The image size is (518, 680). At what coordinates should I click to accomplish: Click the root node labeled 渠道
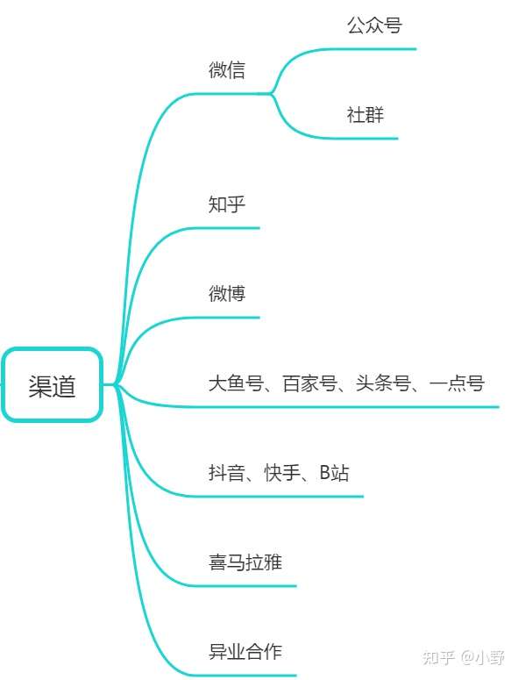coord(52,384)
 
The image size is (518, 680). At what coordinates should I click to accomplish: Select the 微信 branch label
coord(227,70)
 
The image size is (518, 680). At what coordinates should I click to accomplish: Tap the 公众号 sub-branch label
coord(374,25)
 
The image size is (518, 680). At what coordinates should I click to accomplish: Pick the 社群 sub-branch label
coord(365,115)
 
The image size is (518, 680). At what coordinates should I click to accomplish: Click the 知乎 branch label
coord(227,204)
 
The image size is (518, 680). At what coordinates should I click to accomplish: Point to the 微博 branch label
coord(227,294)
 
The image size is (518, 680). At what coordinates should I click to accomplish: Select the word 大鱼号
coord(236,383)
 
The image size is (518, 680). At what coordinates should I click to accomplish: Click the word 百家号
coord(309,383)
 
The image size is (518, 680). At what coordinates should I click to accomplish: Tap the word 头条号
coord(383,383)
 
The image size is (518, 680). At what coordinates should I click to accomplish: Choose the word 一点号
coord(457,383)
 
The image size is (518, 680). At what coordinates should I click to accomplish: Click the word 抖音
coord(227,473)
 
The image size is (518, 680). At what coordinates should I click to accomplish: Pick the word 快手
coord(282,473)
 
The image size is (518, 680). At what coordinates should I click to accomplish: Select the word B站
coord(334,473)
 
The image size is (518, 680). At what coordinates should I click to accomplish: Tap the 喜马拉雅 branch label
coord(245,562)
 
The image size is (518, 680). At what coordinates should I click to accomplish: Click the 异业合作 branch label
coord(245,652)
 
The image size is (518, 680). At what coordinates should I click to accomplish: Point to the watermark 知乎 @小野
coord(464,657)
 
